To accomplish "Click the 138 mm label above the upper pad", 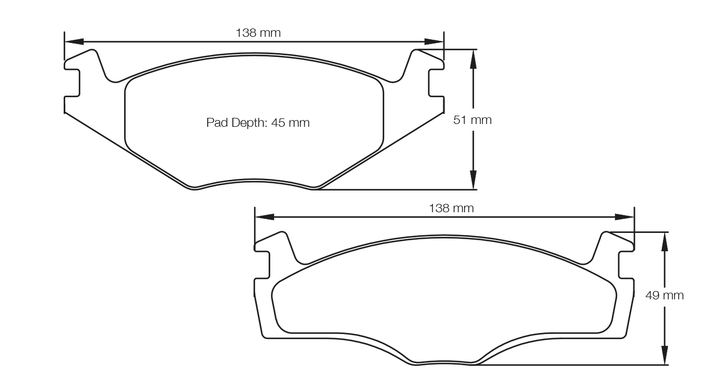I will [258, 33].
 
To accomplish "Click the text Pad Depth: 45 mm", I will [258, 123].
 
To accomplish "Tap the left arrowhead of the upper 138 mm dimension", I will [74, 41].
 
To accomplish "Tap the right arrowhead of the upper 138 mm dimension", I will [434, 41].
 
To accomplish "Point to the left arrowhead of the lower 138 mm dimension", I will [264, 217].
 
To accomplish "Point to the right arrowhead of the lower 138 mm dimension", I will [624, 217].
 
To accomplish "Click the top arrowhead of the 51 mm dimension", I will [473, 58].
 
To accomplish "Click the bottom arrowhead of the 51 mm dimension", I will [473, 180].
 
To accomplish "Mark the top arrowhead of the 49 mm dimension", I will [664, 241].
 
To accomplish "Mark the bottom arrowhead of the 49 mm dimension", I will [664, 355].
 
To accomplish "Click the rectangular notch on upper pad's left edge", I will [73, 83].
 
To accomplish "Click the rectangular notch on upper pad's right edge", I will [436, 83].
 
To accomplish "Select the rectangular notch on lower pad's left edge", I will [262, 265].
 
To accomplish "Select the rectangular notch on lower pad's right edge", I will [626, 265].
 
